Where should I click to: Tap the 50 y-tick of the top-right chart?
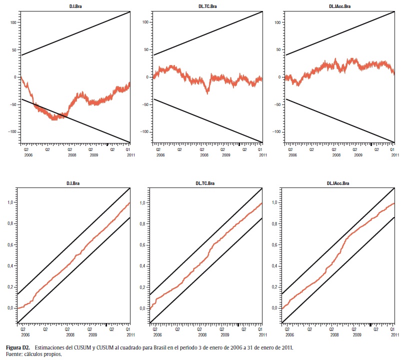click(x=278, y=50)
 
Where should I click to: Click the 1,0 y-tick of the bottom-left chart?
click(x=11, y=202)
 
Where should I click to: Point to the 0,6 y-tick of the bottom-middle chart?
click(x=143, y=244)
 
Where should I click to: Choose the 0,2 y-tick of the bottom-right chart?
click(x=276, y=287)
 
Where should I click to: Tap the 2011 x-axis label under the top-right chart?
click(x=394, y=155)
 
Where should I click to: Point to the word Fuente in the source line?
click(x=13, y=354)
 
